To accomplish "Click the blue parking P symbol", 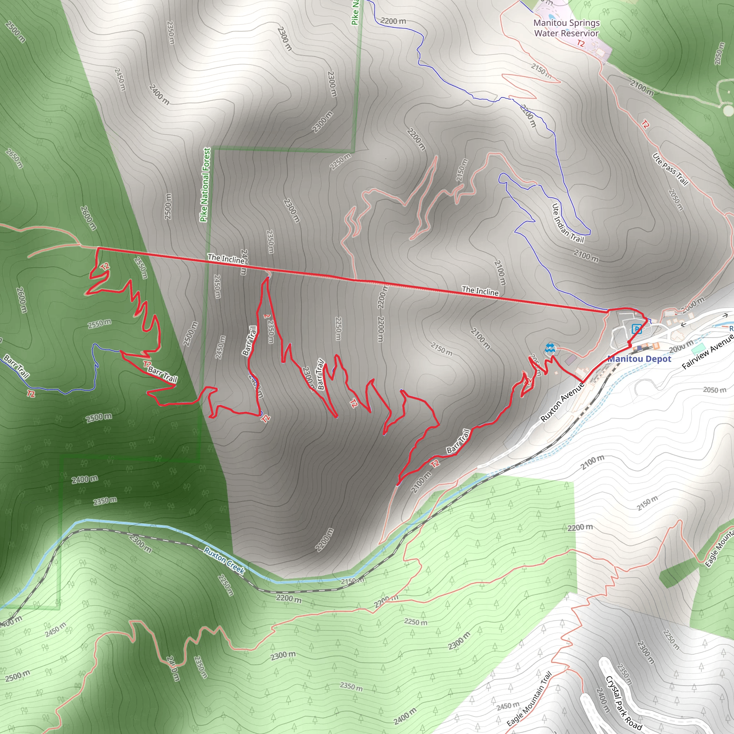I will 637,329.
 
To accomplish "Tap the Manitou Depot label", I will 639,359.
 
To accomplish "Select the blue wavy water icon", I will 550,348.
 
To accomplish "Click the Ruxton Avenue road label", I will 562,402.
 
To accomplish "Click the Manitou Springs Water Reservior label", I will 567,28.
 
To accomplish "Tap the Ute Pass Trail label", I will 671,170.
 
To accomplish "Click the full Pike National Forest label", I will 205,185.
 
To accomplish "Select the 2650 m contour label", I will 14,158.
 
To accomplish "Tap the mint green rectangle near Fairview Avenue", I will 698,348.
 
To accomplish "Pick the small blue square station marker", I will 639,348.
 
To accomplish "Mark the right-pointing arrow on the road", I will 725,315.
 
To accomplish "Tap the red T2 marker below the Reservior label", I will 581,43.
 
